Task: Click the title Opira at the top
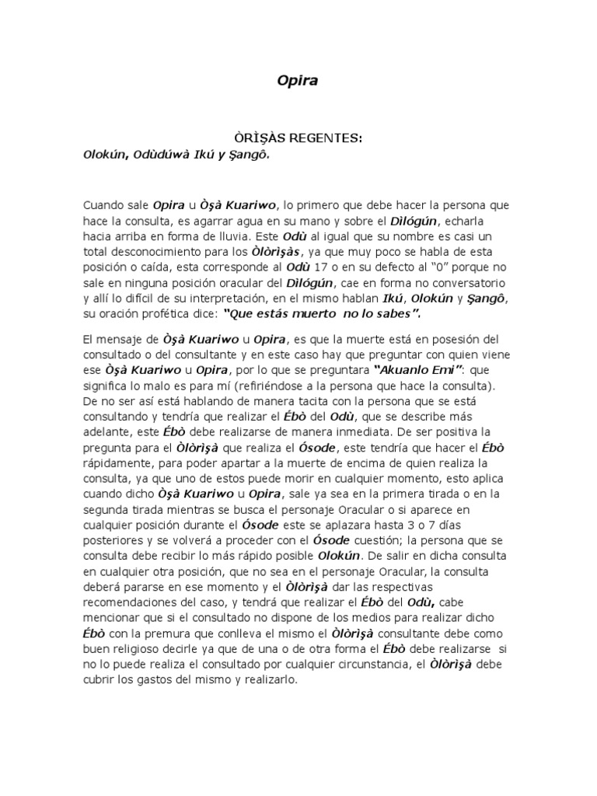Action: (298, 79)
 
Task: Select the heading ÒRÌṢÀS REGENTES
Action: (298, 138)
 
